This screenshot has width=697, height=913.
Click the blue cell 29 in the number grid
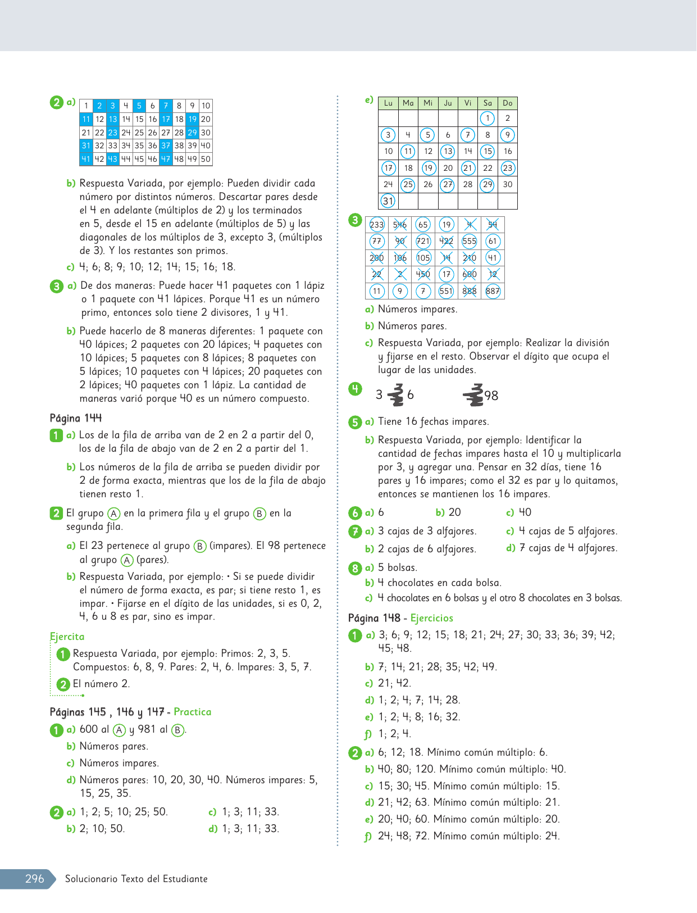(x=193, y=133)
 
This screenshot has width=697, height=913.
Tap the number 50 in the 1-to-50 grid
(x=206, y=159)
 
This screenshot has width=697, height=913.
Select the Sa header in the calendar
(x=488, y=103)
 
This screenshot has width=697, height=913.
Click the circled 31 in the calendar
(x=388, y=201)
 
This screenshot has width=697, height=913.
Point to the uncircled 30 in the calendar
(x=508, y=184)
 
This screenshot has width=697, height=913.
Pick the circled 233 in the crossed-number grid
(x=377, y=225)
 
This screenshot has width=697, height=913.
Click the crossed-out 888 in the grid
(x=470, y=291)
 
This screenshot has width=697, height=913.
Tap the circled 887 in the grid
(x=493, y=291)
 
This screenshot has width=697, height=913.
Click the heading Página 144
(x=76, y=418)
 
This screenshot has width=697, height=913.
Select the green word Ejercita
(x=67, y=637)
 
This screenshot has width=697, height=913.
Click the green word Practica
(x=193, y=712)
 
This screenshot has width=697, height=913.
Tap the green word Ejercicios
(x=431, y=618)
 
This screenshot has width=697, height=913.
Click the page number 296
(x=34, y=879)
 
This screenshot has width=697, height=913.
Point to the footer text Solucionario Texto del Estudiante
(x=136, y=879)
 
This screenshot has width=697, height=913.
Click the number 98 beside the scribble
(x=491, y=396)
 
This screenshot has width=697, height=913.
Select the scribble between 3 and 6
(x=396, y=395)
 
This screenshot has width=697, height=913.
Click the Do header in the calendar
(x=508, y=103)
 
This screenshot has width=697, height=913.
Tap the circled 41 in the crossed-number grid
(x=493, y=258)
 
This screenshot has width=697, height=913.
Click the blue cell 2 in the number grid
(x=99, y=106)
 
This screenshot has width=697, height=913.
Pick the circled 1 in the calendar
(x=488, y=118)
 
